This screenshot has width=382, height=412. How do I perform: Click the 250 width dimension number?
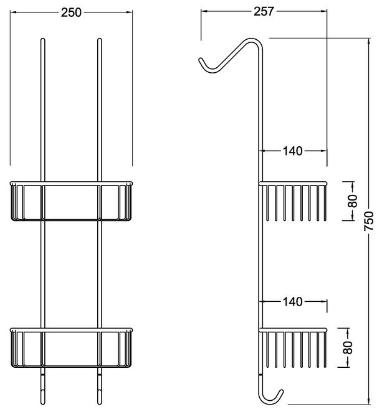(x=71, y=12)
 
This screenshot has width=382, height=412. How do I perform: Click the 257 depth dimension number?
(x=264, y=11)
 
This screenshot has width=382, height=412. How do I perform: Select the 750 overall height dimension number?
(x=369, y=221)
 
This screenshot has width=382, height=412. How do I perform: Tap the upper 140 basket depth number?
(x=292, y=151)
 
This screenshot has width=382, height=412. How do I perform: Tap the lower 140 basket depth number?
(x=292, y=302)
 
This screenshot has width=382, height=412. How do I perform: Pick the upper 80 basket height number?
(x=353, y=201)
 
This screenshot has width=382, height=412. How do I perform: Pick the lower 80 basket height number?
(x=348, y=348)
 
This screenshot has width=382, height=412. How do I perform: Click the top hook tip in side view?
(x=200, y=60)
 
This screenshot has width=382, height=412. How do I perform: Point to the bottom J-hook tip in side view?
(x=281, y=391)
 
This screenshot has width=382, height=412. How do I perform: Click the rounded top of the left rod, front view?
(x=43, y=40)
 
